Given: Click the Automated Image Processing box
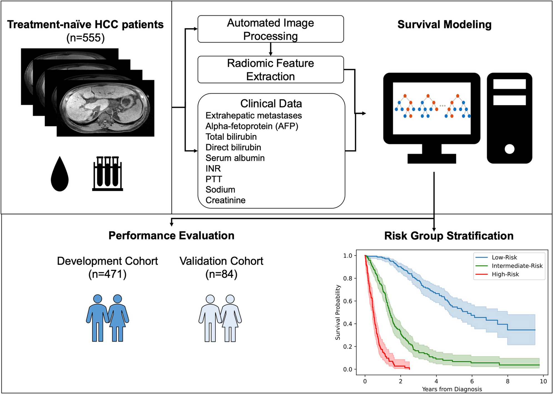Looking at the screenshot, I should point(270,29).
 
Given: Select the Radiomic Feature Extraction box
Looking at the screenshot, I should point(270,70).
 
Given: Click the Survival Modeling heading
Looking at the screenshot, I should point(444,24).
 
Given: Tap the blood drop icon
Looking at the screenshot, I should point(59,174).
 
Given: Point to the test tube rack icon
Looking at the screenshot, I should point(108,174).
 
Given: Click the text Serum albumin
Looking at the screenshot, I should point(235,158).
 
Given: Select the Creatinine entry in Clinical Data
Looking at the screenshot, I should point(225,200).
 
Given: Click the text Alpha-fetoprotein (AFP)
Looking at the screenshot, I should point(252,126).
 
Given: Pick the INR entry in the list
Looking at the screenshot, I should point(213,169).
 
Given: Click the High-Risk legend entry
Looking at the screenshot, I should point(505,274).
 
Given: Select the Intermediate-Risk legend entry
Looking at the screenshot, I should point(517,266).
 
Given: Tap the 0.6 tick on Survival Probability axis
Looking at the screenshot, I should point(348,301).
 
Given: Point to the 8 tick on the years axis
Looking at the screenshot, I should point(507,381).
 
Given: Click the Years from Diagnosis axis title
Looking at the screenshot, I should point(452,389).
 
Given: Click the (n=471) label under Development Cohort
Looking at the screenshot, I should point(107,274).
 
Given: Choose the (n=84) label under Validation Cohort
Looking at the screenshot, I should point(221,274).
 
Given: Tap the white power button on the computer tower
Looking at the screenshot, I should point(509,149).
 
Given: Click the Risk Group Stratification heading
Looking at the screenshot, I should point(449,236).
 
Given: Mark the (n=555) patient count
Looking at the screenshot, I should point(85,38).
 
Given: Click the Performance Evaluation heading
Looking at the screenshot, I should point(171,236).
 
